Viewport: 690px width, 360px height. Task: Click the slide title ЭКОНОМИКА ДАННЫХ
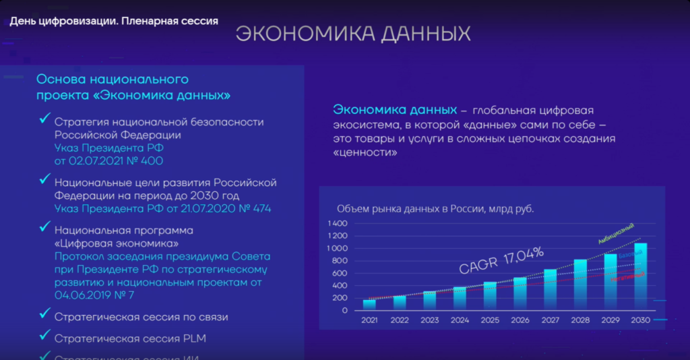click(353, 35)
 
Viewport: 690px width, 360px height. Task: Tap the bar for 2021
click(369, 305)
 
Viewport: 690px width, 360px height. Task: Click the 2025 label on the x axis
click(490, 320)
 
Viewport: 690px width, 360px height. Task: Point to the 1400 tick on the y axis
click(337, 223)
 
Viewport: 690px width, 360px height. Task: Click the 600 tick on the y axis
click(339, 273)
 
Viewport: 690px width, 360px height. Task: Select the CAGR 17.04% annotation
click(501, 260)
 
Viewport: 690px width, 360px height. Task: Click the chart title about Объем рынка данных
click(435, 209)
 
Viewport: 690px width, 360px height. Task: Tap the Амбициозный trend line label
click(616, 233)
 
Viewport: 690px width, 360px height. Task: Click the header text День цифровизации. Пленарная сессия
click(114, 21)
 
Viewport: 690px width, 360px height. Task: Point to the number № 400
click(146, 161)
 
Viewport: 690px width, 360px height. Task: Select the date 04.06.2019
click(84, 295)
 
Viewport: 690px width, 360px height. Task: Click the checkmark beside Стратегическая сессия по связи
click(45, 314)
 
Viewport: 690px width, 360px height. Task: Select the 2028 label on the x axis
click(580, 320)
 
